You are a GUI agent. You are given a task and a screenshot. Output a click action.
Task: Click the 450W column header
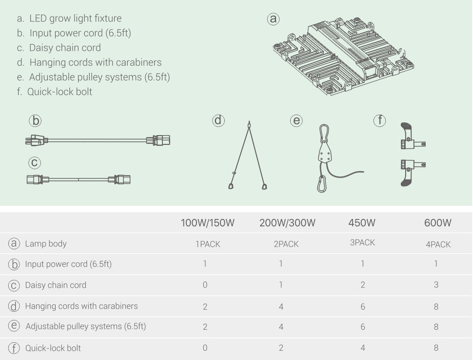tap(362, 223)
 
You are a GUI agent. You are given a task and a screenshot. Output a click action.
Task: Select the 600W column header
tap(438, 223)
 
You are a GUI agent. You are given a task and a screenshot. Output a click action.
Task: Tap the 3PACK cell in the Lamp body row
tap(362, 242)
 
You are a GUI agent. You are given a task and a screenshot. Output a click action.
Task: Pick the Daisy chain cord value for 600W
tap(436, 284)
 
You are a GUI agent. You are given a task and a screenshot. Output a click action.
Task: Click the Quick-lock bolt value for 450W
tap(363, 348)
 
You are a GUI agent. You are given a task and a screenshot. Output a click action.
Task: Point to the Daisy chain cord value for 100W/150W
tap(205, 284)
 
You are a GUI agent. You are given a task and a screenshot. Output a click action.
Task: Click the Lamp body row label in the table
tap(45, 243)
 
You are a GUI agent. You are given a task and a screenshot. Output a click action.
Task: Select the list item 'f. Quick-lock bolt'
tap(55, 92)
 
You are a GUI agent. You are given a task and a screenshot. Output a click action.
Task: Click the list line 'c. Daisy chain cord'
tap(59, 48)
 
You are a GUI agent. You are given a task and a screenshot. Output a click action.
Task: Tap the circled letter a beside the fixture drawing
tap(273, 19)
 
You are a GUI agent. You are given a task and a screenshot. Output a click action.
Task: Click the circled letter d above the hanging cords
tap(218, 120)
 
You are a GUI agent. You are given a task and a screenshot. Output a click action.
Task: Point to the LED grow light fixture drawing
tap(343, 57)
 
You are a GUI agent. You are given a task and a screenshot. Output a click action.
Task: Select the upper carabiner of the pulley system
tap(324, 133)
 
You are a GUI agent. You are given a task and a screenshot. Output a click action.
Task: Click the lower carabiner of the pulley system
tap(321, 184)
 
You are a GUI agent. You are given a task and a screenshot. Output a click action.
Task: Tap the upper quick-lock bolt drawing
tap(412, 136)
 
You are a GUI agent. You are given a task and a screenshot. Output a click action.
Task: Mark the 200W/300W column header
tap(287, 223)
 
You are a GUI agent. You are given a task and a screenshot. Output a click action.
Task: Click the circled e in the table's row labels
tap(14, 326)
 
